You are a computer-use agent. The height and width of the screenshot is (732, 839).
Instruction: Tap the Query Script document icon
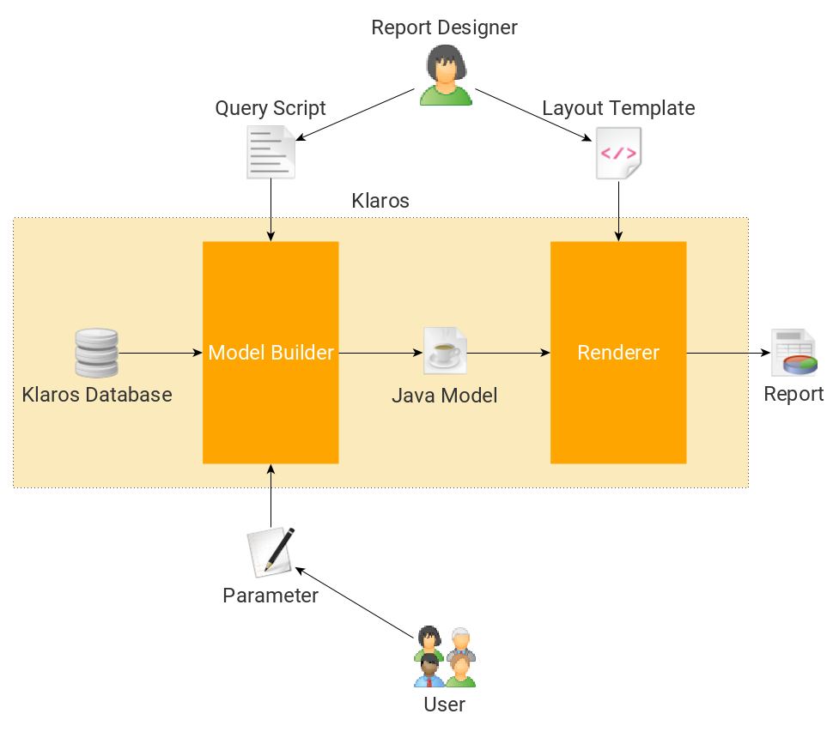tap(271, 152)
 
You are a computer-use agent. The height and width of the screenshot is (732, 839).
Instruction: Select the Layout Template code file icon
tap(618, 153)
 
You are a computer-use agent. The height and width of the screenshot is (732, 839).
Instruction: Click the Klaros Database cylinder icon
tap(96, 353)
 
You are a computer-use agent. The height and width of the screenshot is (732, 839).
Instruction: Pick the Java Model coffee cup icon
tap(445, 351)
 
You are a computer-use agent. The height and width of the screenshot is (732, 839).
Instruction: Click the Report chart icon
tap(793, 352)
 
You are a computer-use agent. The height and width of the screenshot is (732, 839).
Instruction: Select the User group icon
tap(444, 656)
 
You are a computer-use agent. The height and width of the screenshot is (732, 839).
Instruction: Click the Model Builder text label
tap(271, 353)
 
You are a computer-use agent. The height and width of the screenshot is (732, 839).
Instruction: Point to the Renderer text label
tap(618, 353)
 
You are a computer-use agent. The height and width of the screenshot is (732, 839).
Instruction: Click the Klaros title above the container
tap(380, 201)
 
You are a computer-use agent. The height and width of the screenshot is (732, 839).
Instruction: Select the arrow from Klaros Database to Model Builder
tap(160, 353)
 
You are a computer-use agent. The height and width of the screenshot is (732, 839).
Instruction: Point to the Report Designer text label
tap(444, 27)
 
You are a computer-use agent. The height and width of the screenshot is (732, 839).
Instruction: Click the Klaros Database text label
tap(97, 395)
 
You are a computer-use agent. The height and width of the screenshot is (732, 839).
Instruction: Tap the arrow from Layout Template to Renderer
tap(618, 210)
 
